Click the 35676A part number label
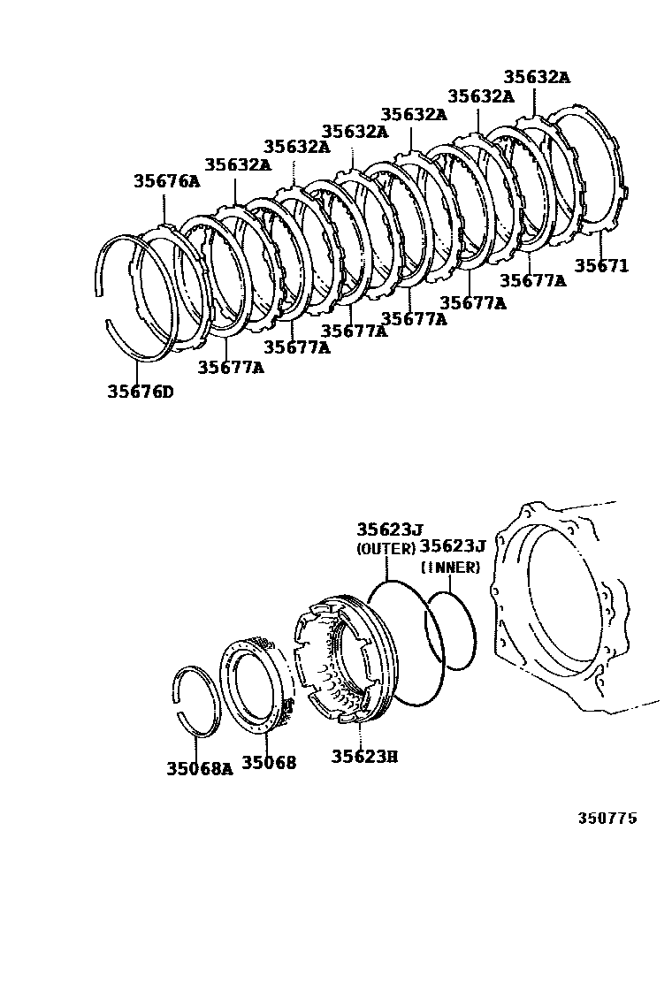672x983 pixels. click(x=167, y=181)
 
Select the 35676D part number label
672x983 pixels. click(x=141, y=392)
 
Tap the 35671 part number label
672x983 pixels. click(x=601, y=265)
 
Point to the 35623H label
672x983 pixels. click(x=365, y=756)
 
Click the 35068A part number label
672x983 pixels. click(x=199, y=768)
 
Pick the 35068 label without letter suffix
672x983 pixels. click(x=269, y=762)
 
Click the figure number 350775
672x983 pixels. click(x=607, y=818)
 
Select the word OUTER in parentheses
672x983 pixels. click(x=386, y=549)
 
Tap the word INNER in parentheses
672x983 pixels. click(x=450, y=567)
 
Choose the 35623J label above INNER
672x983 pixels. click(x=452, y=545)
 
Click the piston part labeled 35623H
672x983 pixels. click(x=345, y=659)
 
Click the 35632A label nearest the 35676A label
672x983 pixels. click(x=238, y=165)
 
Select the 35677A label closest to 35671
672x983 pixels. click(x=533, y=280)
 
